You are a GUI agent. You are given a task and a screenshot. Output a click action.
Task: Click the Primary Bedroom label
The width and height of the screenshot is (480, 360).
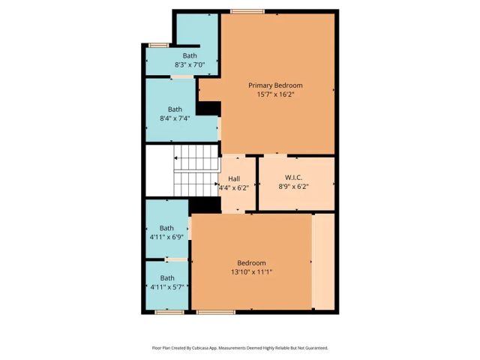(277, 85)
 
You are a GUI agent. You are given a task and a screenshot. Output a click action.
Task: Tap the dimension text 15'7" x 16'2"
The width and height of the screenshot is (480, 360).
(277, 94)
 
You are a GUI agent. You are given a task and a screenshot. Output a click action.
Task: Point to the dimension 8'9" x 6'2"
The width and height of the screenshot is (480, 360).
(293, 187)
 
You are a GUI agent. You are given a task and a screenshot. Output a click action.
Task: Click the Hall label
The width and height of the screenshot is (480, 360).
(233, 178)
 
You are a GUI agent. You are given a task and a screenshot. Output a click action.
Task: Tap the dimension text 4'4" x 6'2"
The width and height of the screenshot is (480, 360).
(233, 187)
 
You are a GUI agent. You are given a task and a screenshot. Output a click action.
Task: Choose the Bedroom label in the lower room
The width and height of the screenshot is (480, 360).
(251, 262)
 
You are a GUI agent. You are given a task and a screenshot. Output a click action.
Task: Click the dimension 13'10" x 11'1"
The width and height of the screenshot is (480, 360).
(251, 271)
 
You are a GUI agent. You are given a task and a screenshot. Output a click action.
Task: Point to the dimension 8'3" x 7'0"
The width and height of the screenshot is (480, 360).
(189, 65)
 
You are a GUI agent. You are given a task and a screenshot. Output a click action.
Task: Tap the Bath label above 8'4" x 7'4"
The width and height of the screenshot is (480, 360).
(175, 109)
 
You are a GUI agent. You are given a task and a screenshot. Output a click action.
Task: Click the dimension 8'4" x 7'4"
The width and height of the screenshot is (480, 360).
(175, 118)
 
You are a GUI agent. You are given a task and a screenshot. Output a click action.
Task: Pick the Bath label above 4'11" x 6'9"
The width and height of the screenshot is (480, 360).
(166, 228)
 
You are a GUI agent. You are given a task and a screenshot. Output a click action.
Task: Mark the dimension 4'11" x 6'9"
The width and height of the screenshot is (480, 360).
(166, 237)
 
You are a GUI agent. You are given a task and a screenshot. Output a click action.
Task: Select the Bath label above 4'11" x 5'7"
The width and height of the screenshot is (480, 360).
(166, 277)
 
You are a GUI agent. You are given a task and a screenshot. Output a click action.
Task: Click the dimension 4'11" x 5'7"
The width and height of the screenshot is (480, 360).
(166, 286)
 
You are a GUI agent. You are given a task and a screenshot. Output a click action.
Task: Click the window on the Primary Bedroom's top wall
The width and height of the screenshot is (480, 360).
(241, 10)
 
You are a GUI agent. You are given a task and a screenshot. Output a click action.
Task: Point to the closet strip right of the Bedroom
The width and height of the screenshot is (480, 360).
(324, 261)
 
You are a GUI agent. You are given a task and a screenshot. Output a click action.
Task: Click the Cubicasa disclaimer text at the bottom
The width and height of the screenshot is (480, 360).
(240, 347)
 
